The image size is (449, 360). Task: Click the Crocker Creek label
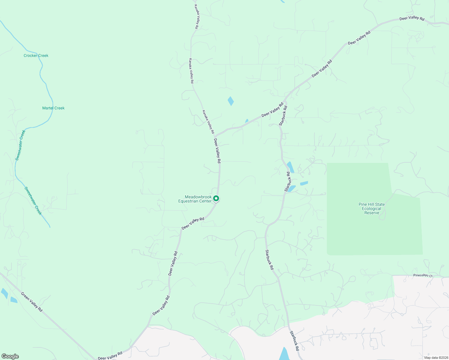click(x=36, y=55)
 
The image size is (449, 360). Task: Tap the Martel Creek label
click(x=53, y=108)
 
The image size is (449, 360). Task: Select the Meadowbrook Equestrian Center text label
click(x=195, y=199)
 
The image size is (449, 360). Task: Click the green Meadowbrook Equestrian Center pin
click(x=216, y=199)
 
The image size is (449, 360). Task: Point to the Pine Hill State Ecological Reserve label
click(x=372, y=208)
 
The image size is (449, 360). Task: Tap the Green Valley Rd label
click(x=32, y=301)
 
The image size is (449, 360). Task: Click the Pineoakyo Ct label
click(x=423, y=275)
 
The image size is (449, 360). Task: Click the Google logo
click(x=10, y=356)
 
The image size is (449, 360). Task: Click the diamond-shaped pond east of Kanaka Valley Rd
click(x=231, y=101)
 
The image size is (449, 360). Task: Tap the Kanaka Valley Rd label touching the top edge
click(x=196, y=16)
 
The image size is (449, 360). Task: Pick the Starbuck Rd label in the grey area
click(x=294, y=341)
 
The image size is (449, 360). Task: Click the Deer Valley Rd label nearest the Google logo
click(x=110, y=355)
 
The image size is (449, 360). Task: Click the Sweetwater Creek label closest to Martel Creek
click(x=20, y=145)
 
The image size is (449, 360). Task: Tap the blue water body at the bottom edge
click(x=284, y=355)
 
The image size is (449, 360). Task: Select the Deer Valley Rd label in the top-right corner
click(x=412, y=18)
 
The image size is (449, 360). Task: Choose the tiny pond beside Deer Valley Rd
click(x=247, y=121)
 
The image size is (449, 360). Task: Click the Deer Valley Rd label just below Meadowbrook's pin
click(x=193, y=223)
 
